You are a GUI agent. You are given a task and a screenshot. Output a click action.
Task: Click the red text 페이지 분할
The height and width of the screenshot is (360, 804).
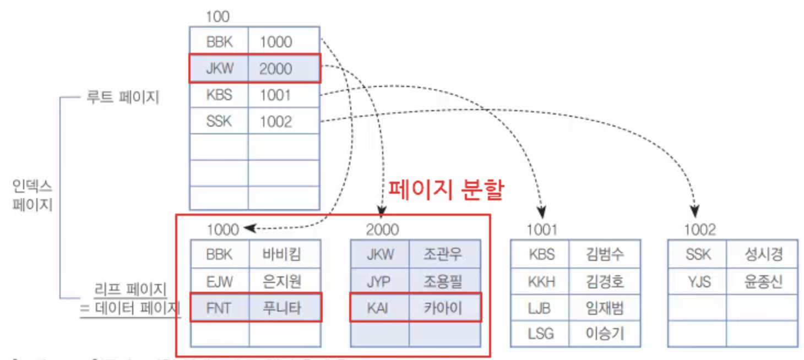tap(446, 190)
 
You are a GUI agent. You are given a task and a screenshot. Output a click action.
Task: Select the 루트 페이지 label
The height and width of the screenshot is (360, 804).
tap(122, 97)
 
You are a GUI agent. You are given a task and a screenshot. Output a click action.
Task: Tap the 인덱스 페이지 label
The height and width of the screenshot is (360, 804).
tap(32, 195)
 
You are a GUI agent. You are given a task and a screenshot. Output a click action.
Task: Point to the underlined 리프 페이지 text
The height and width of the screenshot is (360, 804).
tap(130, 289)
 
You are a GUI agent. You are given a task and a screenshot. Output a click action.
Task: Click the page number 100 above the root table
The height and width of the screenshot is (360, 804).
tap(217, 17)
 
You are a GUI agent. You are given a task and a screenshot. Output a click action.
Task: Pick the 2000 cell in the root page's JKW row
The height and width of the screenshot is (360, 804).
tap(283, 69)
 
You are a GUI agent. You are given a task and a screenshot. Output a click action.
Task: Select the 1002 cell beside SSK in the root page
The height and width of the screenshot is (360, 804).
tap(283, 122)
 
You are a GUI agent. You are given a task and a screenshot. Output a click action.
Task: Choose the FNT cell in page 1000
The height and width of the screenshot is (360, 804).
tap(219, 308)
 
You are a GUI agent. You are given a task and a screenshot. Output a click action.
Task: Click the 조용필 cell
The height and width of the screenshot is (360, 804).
tap(443, 281)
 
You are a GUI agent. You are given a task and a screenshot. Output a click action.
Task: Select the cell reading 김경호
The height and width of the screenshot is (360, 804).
tap(605, 281)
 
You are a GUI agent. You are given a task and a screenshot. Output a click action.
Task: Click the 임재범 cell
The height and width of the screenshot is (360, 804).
tap(605, 308)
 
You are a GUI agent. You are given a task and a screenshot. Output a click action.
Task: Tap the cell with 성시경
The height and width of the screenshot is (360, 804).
tap(763, 254)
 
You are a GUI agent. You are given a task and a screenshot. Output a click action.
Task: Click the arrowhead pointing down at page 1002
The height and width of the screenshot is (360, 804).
tap(695, 211)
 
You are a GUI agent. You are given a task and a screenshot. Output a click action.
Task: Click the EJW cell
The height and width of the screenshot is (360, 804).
tap(219, 281)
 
